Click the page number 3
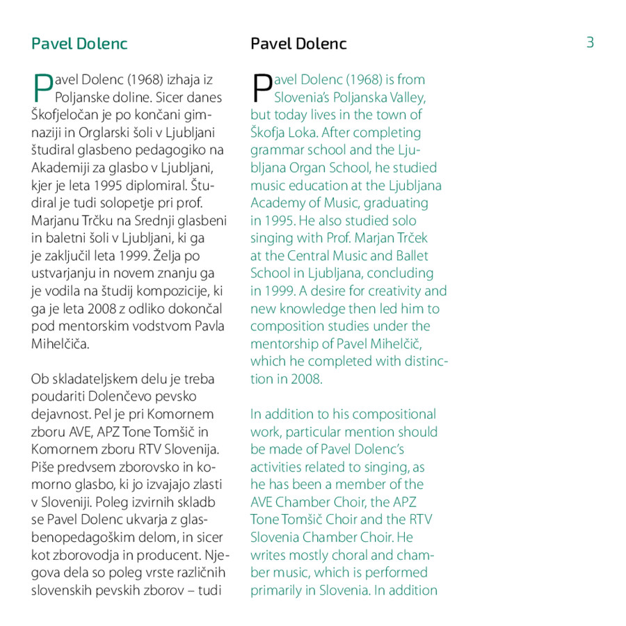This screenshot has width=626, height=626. coord(590,42)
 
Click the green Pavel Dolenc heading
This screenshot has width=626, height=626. coord(79,43)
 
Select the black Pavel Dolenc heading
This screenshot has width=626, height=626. coord(298,43)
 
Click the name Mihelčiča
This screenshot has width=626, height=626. coord(61,344)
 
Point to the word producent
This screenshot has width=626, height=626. coord(179,555)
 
